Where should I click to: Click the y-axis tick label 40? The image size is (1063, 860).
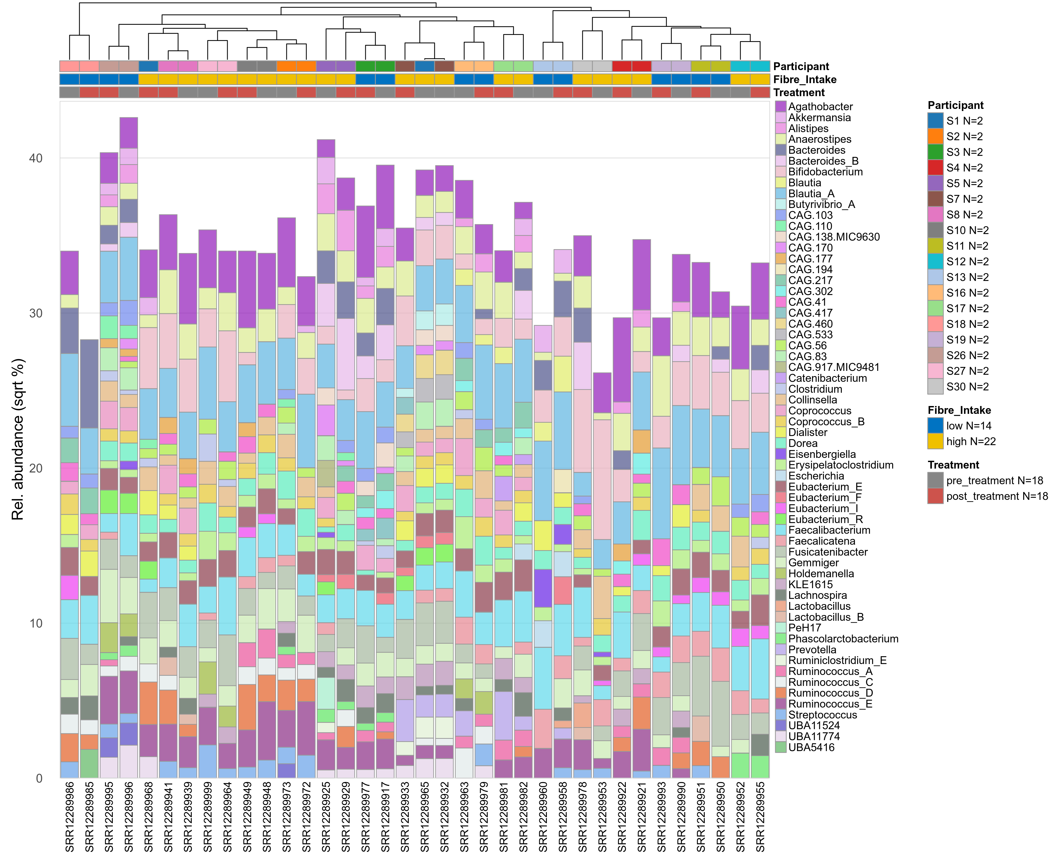point(36,158)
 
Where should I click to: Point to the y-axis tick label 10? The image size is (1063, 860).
point(36,623)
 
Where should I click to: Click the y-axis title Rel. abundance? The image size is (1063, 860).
point(18,439)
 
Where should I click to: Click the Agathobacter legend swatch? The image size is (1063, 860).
point(781,107)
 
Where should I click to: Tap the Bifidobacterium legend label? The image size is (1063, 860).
point(825,172)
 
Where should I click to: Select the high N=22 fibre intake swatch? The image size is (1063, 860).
point(935,441)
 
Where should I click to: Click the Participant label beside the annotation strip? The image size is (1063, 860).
point(801,66)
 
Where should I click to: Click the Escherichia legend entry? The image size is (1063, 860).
point(816,476)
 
